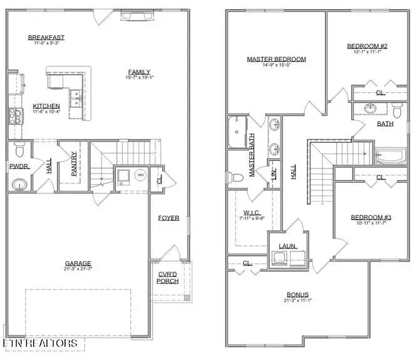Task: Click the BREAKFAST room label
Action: (x=46, y=38)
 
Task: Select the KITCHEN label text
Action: (x=47, y=106)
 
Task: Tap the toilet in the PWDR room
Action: (x=19, y=150)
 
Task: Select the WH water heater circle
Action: (x=141, y=175)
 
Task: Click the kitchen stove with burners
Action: (x=13, y=116)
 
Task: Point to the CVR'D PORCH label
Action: (x=168, y=277)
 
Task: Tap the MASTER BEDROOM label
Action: (x=276, y=59)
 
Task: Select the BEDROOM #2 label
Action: (x=366, y=46)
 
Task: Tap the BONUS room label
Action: (x=298, y=295)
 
